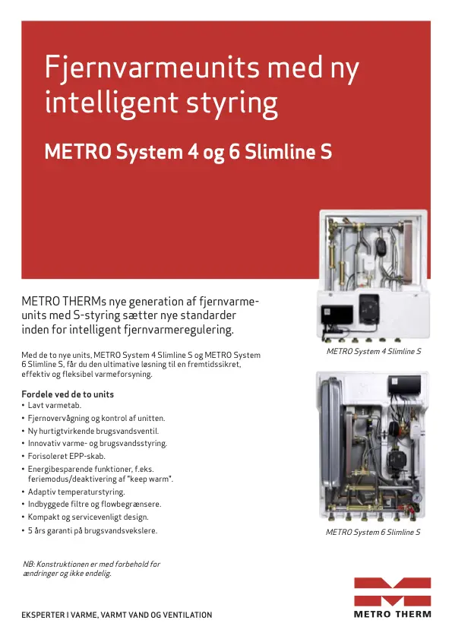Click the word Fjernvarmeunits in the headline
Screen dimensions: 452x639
click(152, 68)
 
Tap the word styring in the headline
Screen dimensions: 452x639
click(232, 104)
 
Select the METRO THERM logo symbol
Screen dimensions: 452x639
click(392, 592)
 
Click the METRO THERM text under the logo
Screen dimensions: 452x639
click(392, 614)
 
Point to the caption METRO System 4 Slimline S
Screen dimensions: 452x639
click(373, 351)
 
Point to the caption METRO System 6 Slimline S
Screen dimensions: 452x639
click(373, 532)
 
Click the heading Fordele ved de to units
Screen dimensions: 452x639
click(68, 394)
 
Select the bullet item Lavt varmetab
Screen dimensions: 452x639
click(52, 406)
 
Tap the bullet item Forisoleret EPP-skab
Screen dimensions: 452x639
click(64, 456)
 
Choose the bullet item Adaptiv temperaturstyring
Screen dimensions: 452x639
click(74, 492)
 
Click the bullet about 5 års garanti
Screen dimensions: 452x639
click(89, 530)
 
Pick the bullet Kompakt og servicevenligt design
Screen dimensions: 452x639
click(85, 517)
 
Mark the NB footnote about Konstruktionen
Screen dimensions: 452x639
click(91, 568)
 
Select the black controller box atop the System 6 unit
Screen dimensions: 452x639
click(404, 385)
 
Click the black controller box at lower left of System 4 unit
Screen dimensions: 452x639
click(337, 315)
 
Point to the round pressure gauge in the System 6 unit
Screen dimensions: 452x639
click(416, 498)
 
